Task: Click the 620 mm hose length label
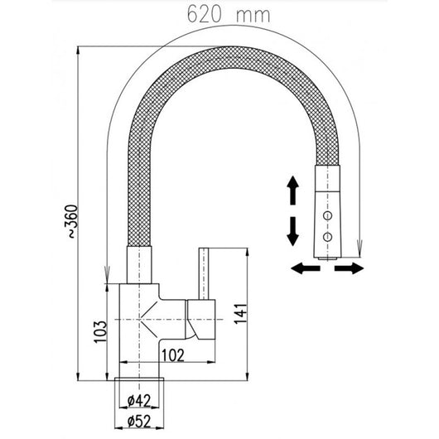[229, 15]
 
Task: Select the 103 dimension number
[100, 332]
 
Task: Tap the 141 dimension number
[241, 314]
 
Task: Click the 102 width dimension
[173, 355]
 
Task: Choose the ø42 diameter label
[139, 401]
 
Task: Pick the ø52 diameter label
[139, 421]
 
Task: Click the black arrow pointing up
[293, 191]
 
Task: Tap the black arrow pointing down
[293, 231]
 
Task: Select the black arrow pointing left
[306, 268]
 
